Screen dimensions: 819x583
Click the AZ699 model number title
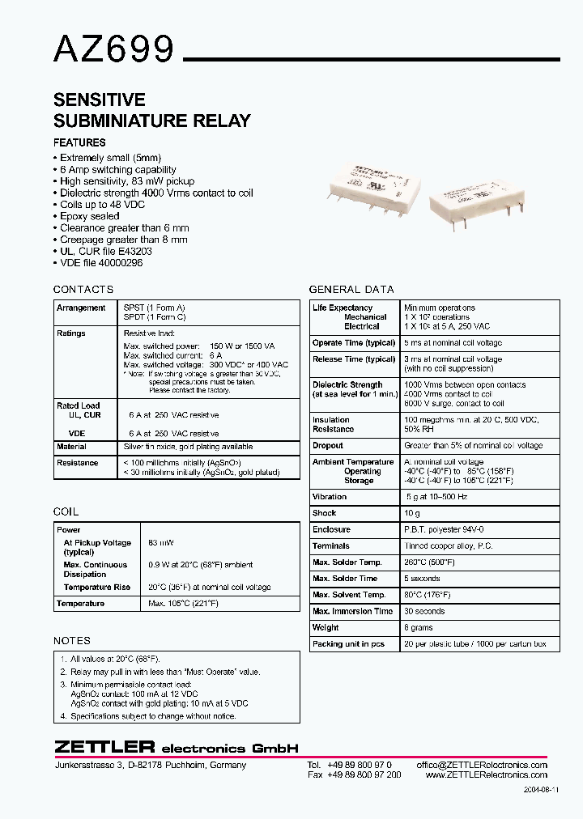(x=114, y=50)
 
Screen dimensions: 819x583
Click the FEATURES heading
(x=79, y=143)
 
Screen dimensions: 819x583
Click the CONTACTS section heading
(x=83, y=290)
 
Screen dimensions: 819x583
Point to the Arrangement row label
(x=81, y=308)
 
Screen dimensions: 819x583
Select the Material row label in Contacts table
(x=71, y=447)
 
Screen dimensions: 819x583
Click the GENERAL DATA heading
(x=351, y=290)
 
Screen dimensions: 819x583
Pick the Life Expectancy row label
(x=343, y=308)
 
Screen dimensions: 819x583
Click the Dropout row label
(x=328, y=446)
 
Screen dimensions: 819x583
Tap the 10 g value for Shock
(x=412, y=513)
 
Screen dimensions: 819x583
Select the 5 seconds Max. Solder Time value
(x=422, y=579)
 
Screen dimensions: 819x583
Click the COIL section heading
(x=66, y=512)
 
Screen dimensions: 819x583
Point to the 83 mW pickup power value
(x=161, y=543)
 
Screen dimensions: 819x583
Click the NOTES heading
(x=71, y=641)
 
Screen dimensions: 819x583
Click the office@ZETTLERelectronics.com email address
(x=482, y=765)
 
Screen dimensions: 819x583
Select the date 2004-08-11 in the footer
(x=541, y=789)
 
